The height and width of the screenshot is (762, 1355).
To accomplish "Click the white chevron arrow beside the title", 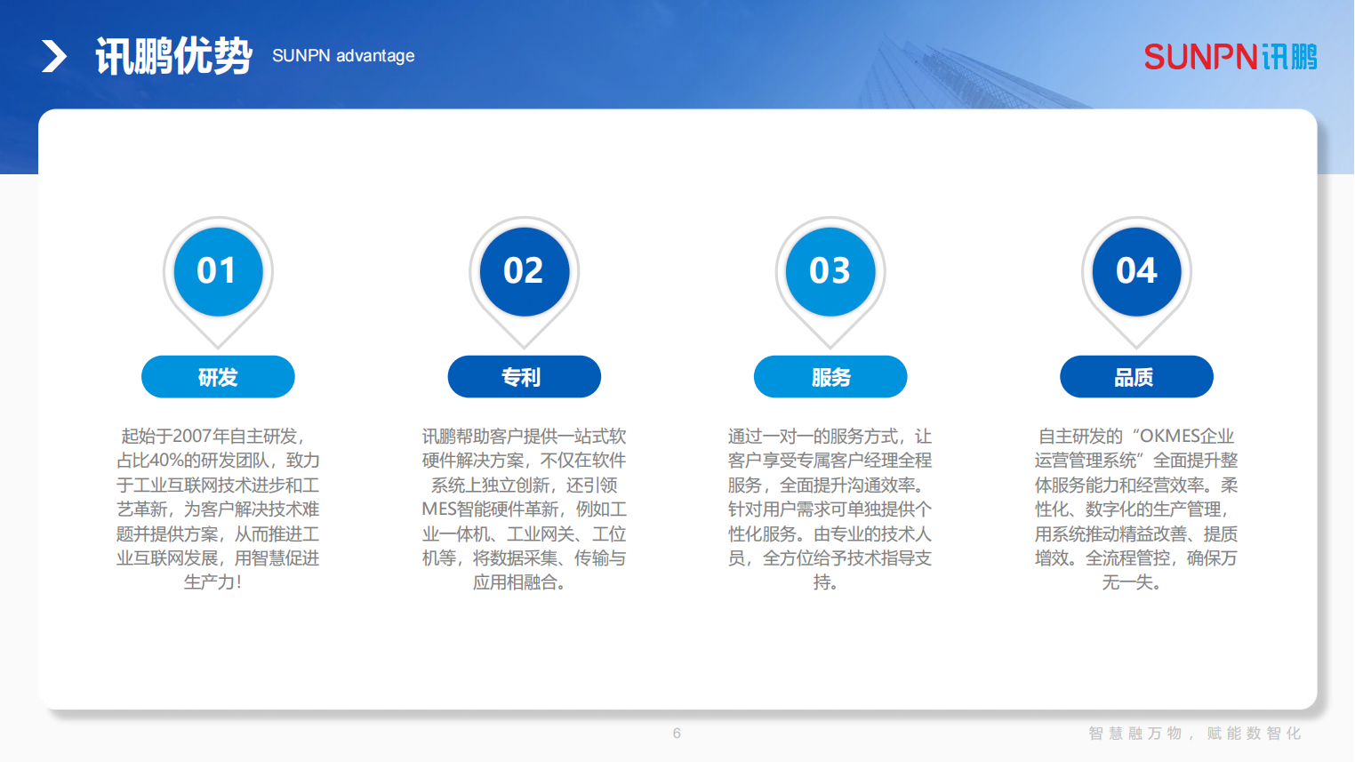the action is click(54, 56).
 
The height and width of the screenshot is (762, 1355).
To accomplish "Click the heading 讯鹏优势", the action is click(173, 56).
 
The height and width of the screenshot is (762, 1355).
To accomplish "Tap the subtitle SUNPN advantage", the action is click(343, 56).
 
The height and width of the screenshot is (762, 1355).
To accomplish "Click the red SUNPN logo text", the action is click(1201, 57).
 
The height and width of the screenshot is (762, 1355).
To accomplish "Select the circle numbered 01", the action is click(218, 271).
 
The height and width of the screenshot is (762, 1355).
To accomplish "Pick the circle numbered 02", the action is click(524, 271).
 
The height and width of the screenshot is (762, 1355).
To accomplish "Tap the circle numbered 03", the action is click(830, 271).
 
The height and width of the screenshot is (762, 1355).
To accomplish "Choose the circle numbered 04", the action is click(1136, 271).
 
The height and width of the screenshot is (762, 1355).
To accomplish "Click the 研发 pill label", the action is click(218, 377).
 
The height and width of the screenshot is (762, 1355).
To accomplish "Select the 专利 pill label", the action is click(524, 377).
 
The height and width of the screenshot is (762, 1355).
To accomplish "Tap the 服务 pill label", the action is click(830, 377).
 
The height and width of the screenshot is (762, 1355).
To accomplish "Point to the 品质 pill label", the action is click(1136, 377).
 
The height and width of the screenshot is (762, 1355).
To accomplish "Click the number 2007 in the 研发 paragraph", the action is click(192, 436).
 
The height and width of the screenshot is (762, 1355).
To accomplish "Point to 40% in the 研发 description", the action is click(166, 461).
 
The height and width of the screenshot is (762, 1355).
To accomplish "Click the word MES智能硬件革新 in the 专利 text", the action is click(489, 509).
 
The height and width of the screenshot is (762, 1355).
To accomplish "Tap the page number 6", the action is click(677, 734).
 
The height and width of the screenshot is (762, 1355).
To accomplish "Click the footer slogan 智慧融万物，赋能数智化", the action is click(1195, 734).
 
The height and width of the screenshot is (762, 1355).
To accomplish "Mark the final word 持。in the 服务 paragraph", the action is click(825, 582).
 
